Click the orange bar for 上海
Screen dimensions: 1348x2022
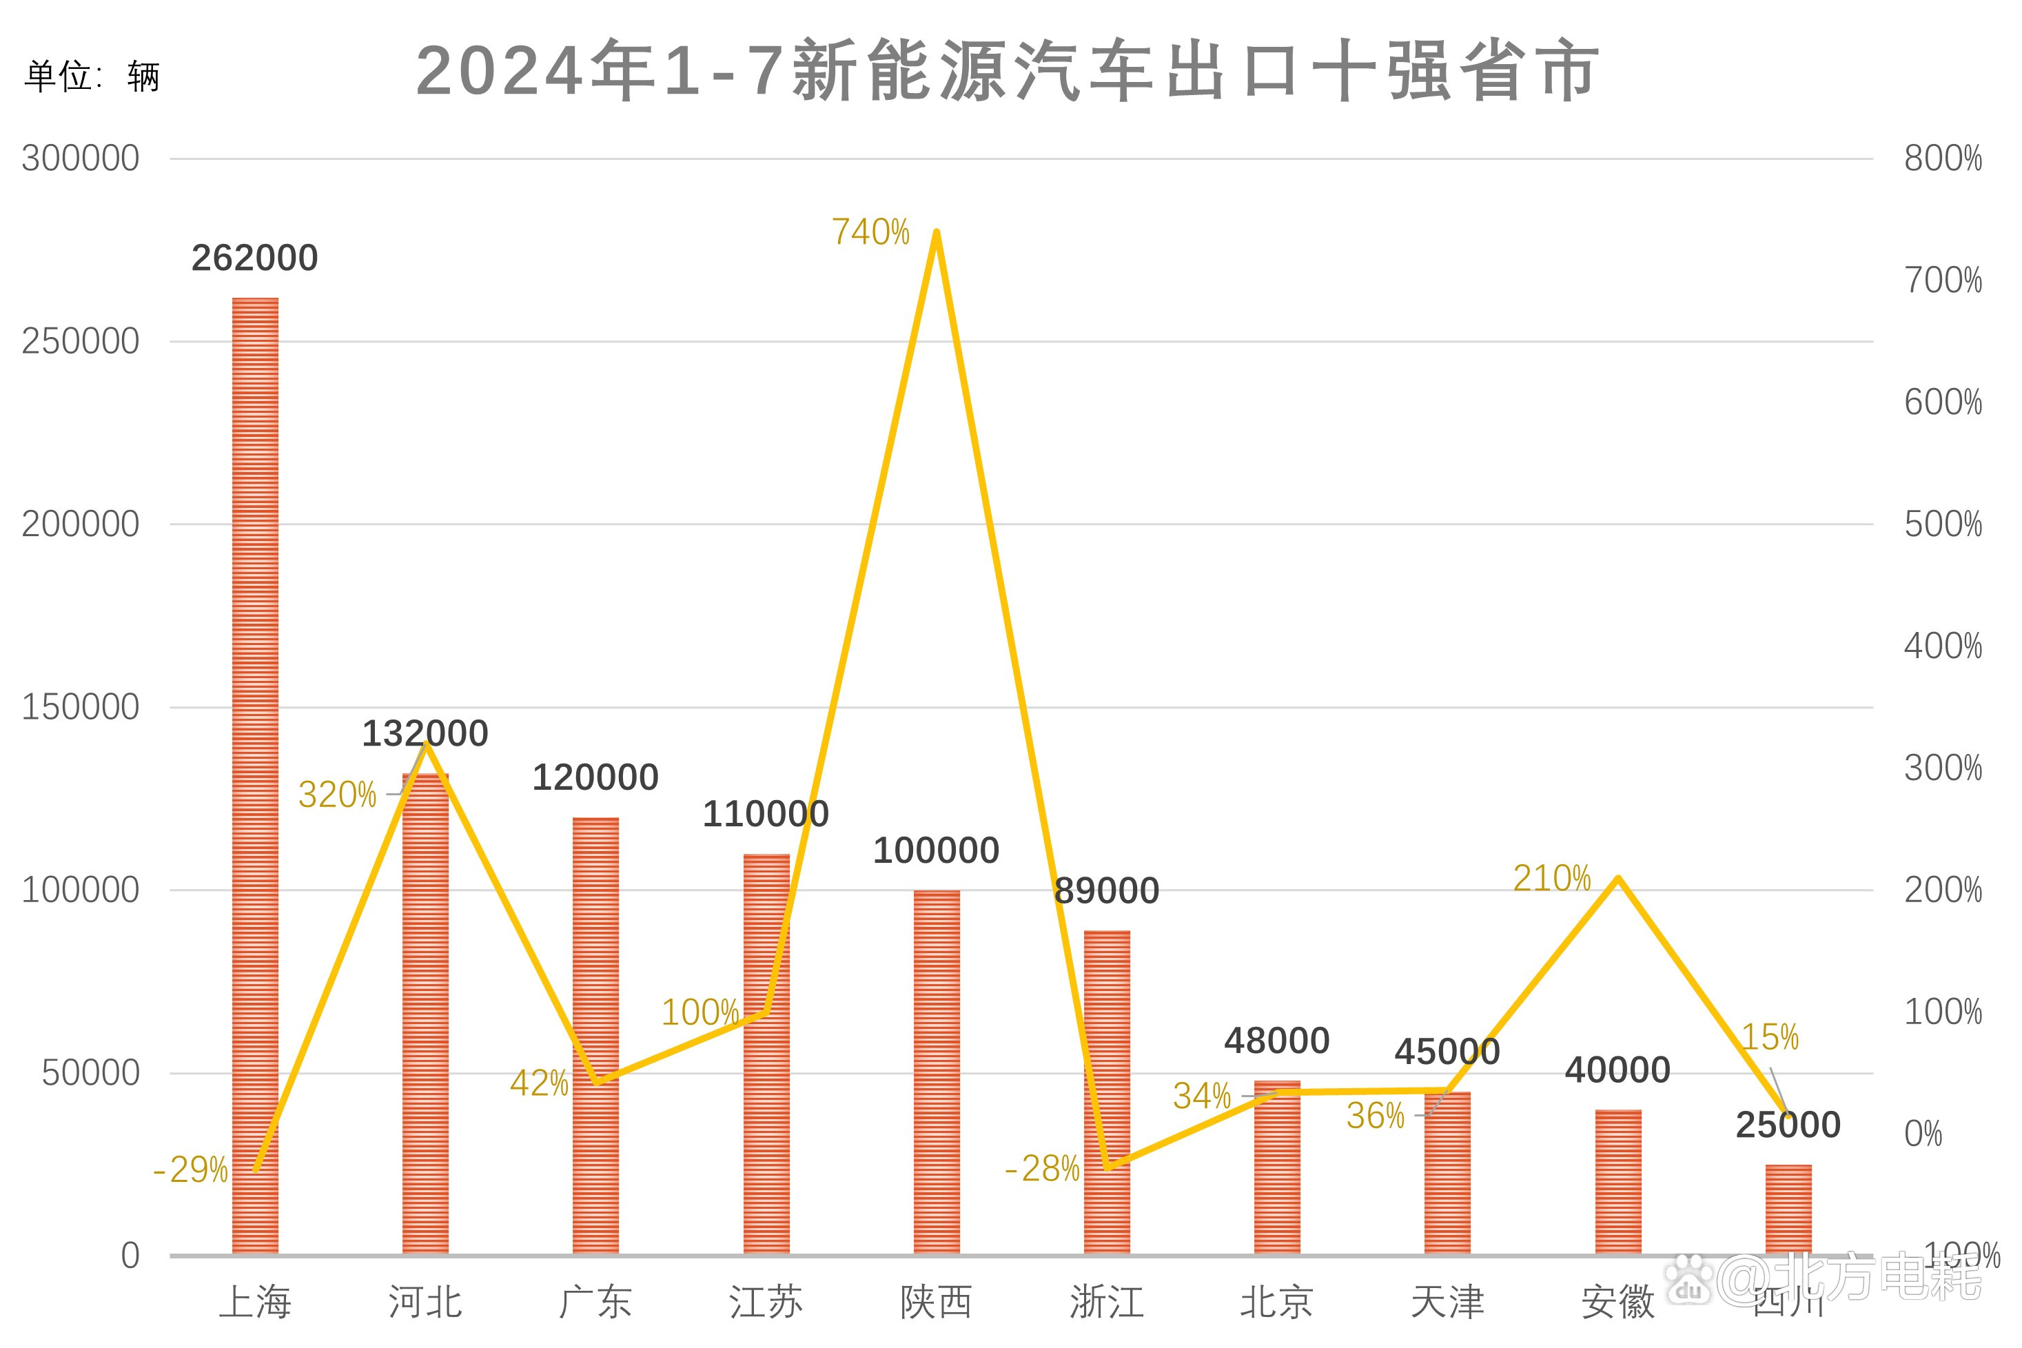click(x=255, y=774)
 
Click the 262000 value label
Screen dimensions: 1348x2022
click(x=254, y=258)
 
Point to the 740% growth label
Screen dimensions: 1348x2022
click(x=870, y=232)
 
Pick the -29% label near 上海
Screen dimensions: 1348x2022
click(x=191, y=1170)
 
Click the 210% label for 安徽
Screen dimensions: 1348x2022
click(x=1552, y=879)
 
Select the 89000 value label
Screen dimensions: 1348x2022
click(x=1106, y=890)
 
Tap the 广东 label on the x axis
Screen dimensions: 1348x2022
click(x=595, y=1302)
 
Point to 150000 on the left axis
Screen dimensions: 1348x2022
click(x=80, y=706)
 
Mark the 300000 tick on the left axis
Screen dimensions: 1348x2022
click(x=80, y=159)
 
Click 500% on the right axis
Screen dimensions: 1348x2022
click(x=1942, y=524)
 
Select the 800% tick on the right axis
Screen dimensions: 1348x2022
click(x=1942, y=159)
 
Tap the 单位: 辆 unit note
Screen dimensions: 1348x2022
click(x=92, y=76)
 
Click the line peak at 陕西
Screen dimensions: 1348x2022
click(x=936, y=232)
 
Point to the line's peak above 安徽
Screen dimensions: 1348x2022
click(x=1618, y=878)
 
